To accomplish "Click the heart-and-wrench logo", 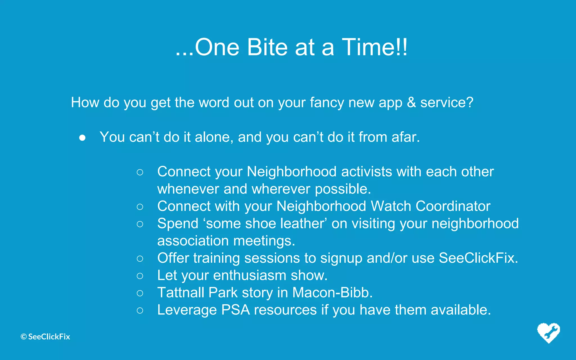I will [548, 333].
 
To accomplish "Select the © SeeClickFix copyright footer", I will [45, 337].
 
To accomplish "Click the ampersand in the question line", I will [411, 102].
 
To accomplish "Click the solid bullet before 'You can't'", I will [82, 138].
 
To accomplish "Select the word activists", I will [366, 172].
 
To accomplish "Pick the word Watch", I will [391, 206].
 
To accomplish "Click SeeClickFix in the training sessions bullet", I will [478, 258].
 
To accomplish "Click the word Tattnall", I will [181, 293].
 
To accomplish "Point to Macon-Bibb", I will [332, 293].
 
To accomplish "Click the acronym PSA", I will [235, 310].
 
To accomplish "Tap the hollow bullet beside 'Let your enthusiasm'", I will [140, 276].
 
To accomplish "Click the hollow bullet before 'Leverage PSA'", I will [140, 310].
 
